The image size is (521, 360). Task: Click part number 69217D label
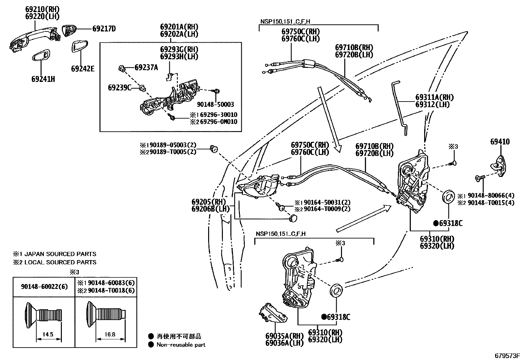tap(104, 29)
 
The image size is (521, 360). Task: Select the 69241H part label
tap(43, 79)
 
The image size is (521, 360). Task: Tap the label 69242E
tap(82, 69)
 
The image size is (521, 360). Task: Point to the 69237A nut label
tap(146, 68)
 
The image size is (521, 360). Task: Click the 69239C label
tap(119, 87)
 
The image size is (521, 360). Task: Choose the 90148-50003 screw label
tap(216, 104)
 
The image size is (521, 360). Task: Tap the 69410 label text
tap(500, 142)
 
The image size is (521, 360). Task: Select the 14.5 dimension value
tap(47, 334)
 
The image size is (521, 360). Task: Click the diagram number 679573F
tap(507, 355)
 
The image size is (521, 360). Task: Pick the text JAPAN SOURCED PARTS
tap(60, 254)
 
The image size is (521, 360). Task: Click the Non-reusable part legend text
tap(181, 345)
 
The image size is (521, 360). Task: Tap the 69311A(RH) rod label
tap(435, 97)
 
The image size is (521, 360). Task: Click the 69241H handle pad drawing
tap(41, 56)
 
